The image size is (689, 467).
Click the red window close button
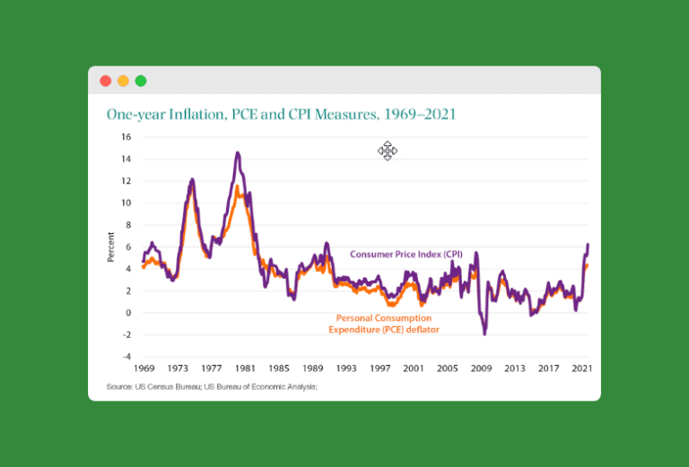tap(105, 81)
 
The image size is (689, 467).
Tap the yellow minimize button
tap(123, 81)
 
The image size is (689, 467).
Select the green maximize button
tap(141, 81)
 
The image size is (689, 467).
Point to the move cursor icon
tap(388, 151)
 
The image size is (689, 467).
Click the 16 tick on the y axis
tap(126, 137)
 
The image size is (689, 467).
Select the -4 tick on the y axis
tap(126, 357)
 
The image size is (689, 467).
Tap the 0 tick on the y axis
tap(128, 313)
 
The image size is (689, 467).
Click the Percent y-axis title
tap(111, 246)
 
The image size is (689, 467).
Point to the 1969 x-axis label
tap(144, 368)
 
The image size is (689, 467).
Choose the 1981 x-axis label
tap(246, 368)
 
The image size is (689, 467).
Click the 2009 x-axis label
tap(482, 368)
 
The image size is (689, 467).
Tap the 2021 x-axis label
tap(582, 368)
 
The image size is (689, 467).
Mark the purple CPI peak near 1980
tap(238, 153)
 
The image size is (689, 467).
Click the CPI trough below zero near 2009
tap(484, 333)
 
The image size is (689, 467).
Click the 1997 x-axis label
tap(380, 368)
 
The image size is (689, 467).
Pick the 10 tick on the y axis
tap(126, 203)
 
